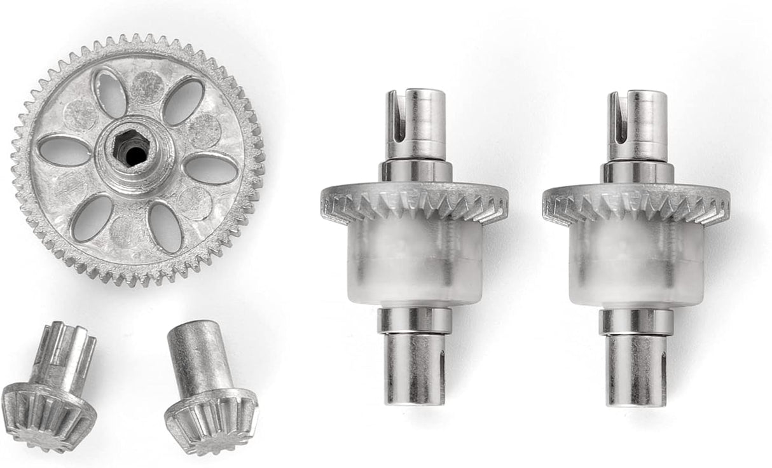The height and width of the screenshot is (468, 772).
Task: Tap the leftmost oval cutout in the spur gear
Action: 64,151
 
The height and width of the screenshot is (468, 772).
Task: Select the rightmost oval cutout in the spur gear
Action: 210,169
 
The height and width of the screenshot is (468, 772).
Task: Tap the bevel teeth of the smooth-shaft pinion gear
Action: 210,420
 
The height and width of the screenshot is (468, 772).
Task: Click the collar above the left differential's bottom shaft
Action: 415,320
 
